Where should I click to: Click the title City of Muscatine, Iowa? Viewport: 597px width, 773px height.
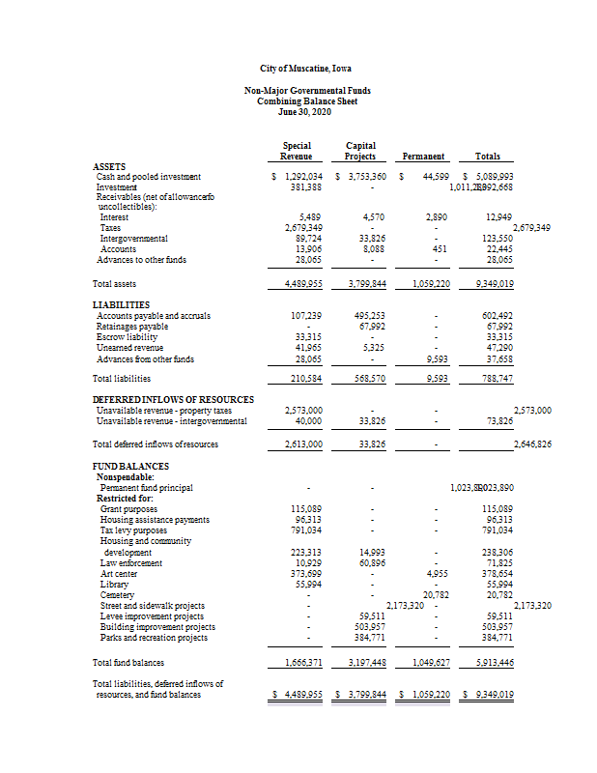coord(305,69)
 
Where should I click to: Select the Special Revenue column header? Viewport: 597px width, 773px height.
coord(296,151)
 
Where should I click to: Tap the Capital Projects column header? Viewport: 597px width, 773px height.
coord(360,151)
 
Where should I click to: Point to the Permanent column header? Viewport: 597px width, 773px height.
coord(424,157)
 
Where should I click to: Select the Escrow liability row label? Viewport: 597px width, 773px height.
coord(127,336)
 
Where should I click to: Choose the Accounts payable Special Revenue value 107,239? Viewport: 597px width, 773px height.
coord(305,315)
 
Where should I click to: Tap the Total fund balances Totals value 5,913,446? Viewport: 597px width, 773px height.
coord(495,663)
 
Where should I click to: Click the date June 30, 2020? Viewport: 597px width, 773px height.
coord(305,111)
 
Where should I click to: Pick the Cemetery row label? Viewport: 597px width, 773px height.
coord(118,594)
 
